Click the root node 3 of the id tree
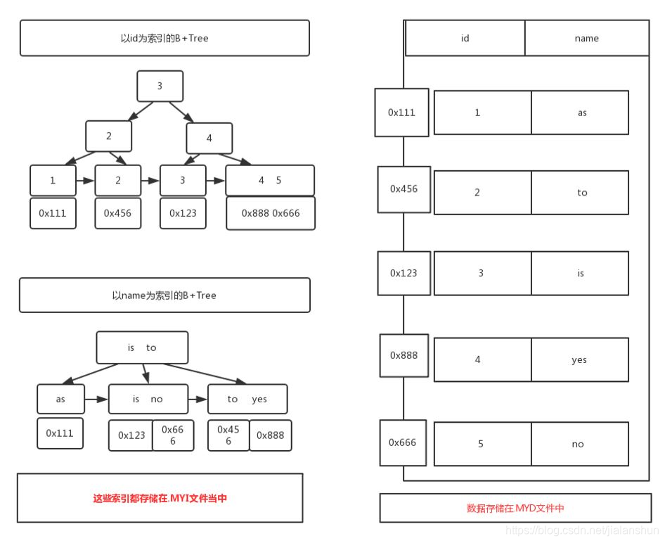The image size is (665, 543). click(160, 86)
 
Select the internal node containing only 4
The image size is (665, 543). click(209, 138)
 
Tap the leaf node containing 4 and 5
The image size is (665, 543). click(269, 180)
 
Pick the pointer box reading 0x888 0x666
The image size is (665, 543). click(270, 213)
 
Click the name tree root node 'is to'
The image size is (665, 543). click(142, 347)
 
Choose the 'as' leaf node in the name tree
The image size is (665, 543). click(60, 399)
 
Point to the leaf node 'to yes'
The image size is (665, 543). click(247, 399)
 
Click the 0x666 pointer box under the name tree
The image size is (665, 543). click(172, 435)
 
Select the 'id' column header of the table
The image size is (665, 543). click(465, 38)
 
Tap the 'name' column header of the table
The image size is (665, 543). click(586, 38)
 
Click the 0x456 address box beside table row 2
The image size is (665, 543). click(403, 189)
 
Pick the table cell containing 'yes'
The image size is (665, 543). click(579, 359)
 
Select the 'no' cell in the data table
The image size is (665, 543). click(579, 444)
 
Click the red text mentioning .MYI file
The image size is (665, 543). click(160, 498)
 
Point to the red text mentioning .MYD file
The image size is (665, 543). click(515, 508)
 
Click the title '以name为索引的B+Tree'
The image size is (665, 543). click(164, 295)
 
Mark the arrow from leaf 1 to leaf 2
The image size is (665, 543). click(85, 181)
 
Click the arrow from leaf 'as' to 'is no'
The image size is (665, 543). click(96, 399)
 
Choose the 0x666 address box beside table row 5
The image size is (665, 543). click(403, 442)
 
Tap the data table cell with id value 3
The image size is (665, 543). click(482, 273)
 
